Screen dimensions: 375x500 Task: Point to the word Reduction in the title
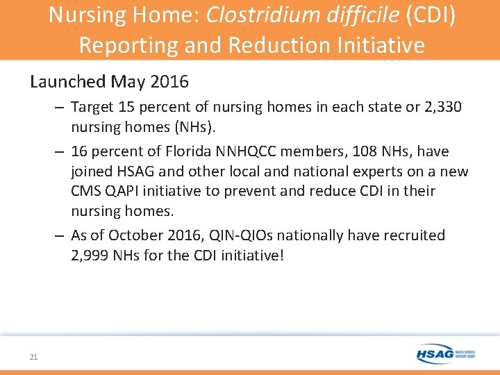point(268,44)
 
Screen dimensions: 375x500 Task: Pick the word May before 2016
point(129,81)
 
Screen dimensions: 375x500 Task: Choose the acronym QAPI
point(132,191)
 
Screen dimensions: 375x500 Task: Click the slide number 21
point(33,357)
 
